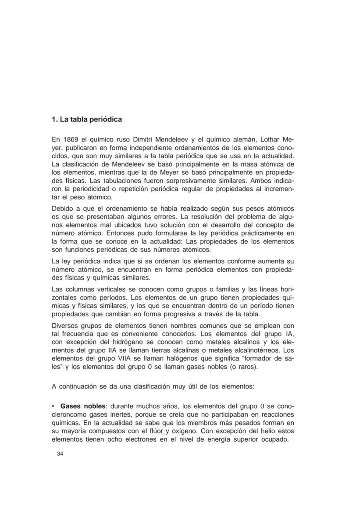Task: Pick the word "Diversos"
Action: point(65,325)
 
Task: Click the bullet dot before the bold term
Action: point(53,406)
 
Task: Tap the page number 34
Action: point(60,454)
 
